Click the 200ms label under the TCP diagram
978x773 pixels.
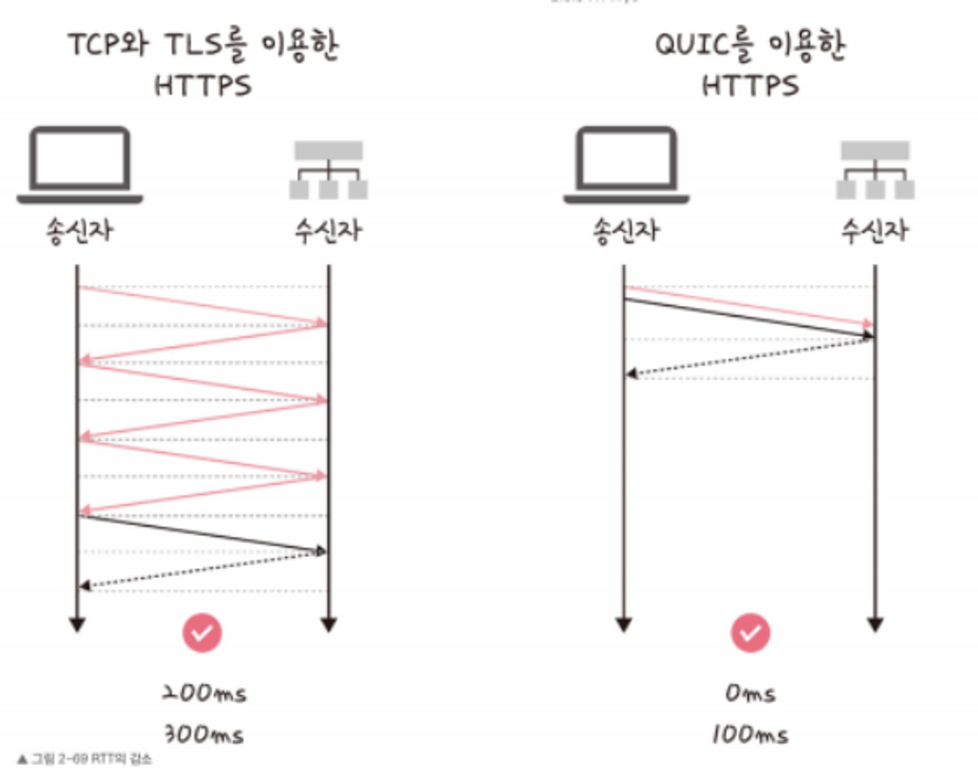[x=204, y=693]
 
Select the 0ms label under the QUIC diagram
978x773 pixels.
[x=750, y=693]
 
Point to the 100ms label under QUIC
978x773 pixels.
[x=750, y=734]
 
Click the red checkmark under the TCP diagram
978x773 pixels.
[x=202, y=633]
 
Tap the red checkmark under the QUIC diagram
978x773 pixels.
[x=751, y=633]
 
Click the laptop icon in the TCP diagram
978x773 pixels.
[x=80, y=165]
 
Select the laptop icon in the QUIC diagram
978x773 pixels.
[x=626, y=165]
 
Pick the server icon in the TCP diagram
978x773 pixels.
[x=329, y=170]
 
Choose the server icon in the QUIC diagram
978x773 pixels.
[x=875, y=170]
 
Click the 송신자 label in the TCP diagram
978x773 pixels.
[x=80, y=231]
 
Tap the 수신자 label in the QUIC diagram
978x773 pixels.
[x=875, y=231]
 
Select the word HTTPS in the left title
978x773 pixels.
[x=203, y=86]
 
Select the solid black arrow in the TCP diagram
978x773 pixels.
[x=203, y=533]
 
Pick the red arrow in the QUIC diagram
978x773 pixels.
[x=748, y=306]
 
